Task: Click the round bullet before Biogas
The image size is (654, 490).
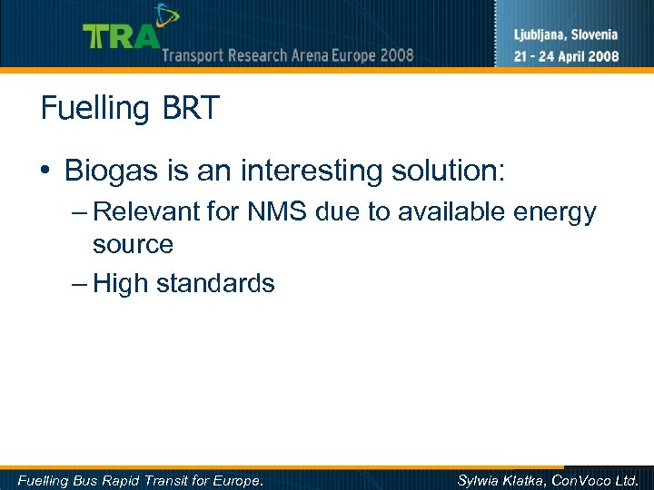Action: pos(46,171)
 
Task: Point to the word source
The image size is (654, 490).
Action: pos(133,244)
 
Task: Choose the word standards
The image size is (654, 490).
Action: pos(215,284)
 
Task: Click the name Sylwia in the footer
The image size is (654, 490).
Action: pos(480,480)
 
